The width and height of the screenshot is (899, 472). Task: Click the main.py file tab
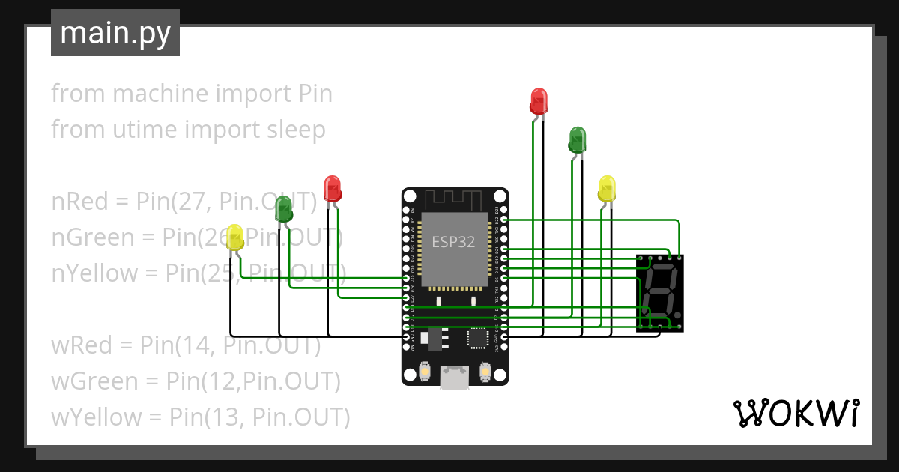pyautogui.click(x=115, y=33)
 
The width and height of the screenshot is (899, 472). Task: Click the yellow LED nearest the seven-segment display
pyautogui.click(x=607, y=188)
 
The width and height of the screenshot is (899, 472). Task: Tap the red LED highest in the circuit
pyautogui.click(x=539, y=100)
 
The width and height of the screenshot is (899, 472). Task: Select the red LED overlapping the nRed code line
pyautogui.click(x=332, y=187)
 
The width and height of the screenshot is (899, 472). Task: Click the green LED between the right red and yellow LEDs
pyautogui.click(x=577, y=139)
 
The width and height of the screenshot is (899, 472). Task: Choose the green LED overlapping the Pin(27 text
pyautogui.click(x=283, y=209)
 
